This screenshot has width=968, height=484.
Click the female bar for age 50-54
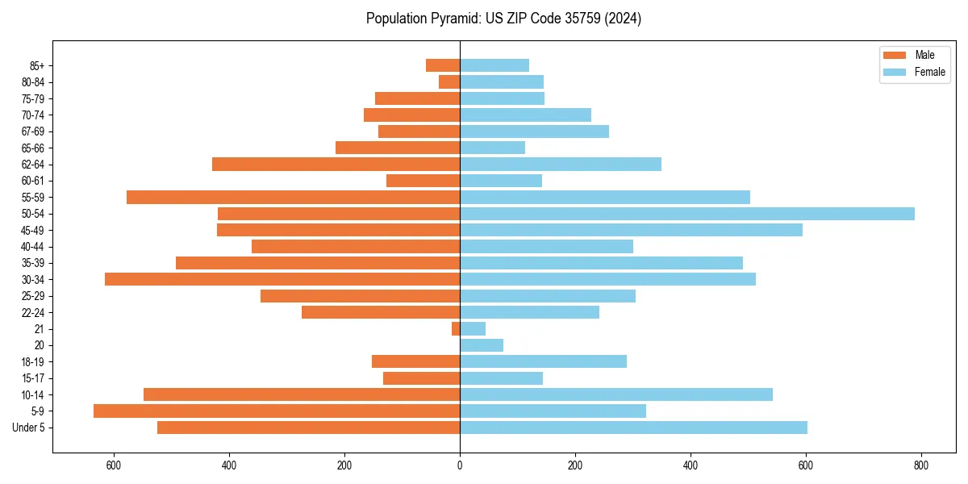(x=686, y=214)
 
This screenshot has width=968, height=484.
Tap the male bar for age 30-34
(x=282, y=279)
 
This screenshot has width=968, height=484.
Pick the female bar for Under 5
(x=633, y=428)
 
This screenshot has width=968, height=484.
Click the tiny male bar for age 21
(x=456, y=328)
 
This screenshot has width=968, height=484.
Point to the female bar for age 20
(x=482, y=345)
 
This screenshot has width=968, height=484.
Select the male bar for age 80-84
(x=449, y=81)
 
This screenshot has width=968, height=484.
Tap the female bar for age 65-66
(x=492, y=148)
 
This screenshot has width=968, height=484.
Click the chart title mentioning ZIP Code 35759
(x=503, y=19)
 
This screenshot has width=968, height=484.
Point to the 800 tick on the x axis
(x=921, y=465)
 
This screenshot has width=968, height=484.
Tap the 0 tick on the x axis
(x=460, y=465)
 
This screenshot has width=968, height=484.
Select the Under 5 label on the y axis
(x=29, y=428)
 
